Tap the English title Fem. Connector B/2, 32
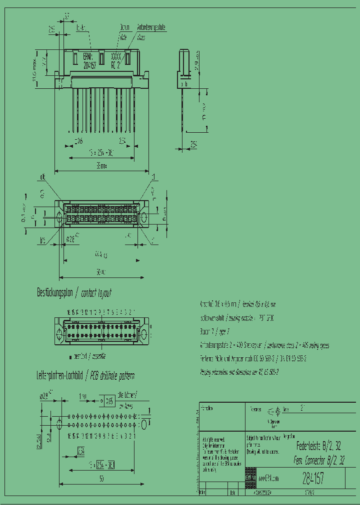coord(318,460)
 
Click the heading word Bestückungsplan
coord(54,293)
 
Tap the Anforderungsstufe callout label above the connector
coord(151,28)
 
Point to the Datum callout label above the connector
coord(125,28)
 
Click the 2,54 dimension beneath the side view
coord(193,145)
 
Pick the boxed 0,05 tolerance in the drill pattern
coord(108,401)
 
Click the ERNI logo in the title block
coord(250,478)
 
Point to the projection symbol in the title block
coord(273,412)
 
